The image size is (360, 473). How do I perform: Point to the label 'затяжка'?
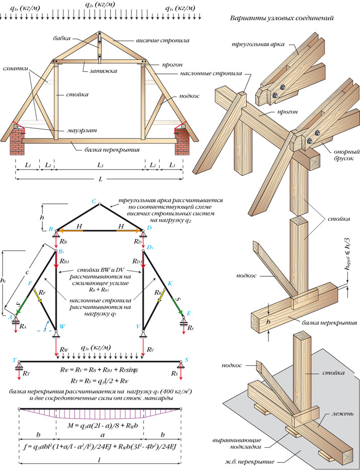point(104,71)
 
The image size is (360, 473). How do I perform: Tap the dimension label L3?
point(100,165)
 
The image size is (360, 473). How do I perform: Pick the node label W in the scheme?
point(62,326)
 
